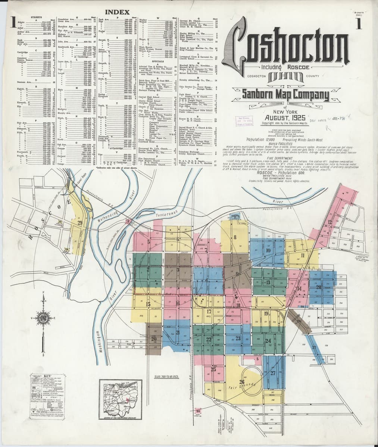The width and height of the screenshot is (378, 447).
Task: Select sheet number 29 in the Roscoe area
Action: click(x=80, y=223)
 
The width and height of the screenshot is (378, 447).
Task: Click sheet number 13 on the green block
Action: click(x=268, y=283)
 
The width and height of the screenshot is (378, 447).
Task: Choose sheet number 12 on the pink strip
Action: click(x=329, y=222)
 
